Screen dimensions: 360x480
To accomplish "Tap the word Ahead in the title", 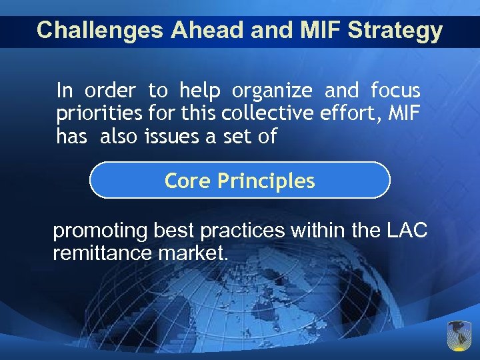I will [x=193, y=31].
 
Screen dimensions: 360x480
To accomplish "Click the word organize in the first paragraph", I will [x=273, y=90].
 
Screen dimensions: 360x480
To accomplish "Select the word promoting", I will [x=100, y=231].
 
